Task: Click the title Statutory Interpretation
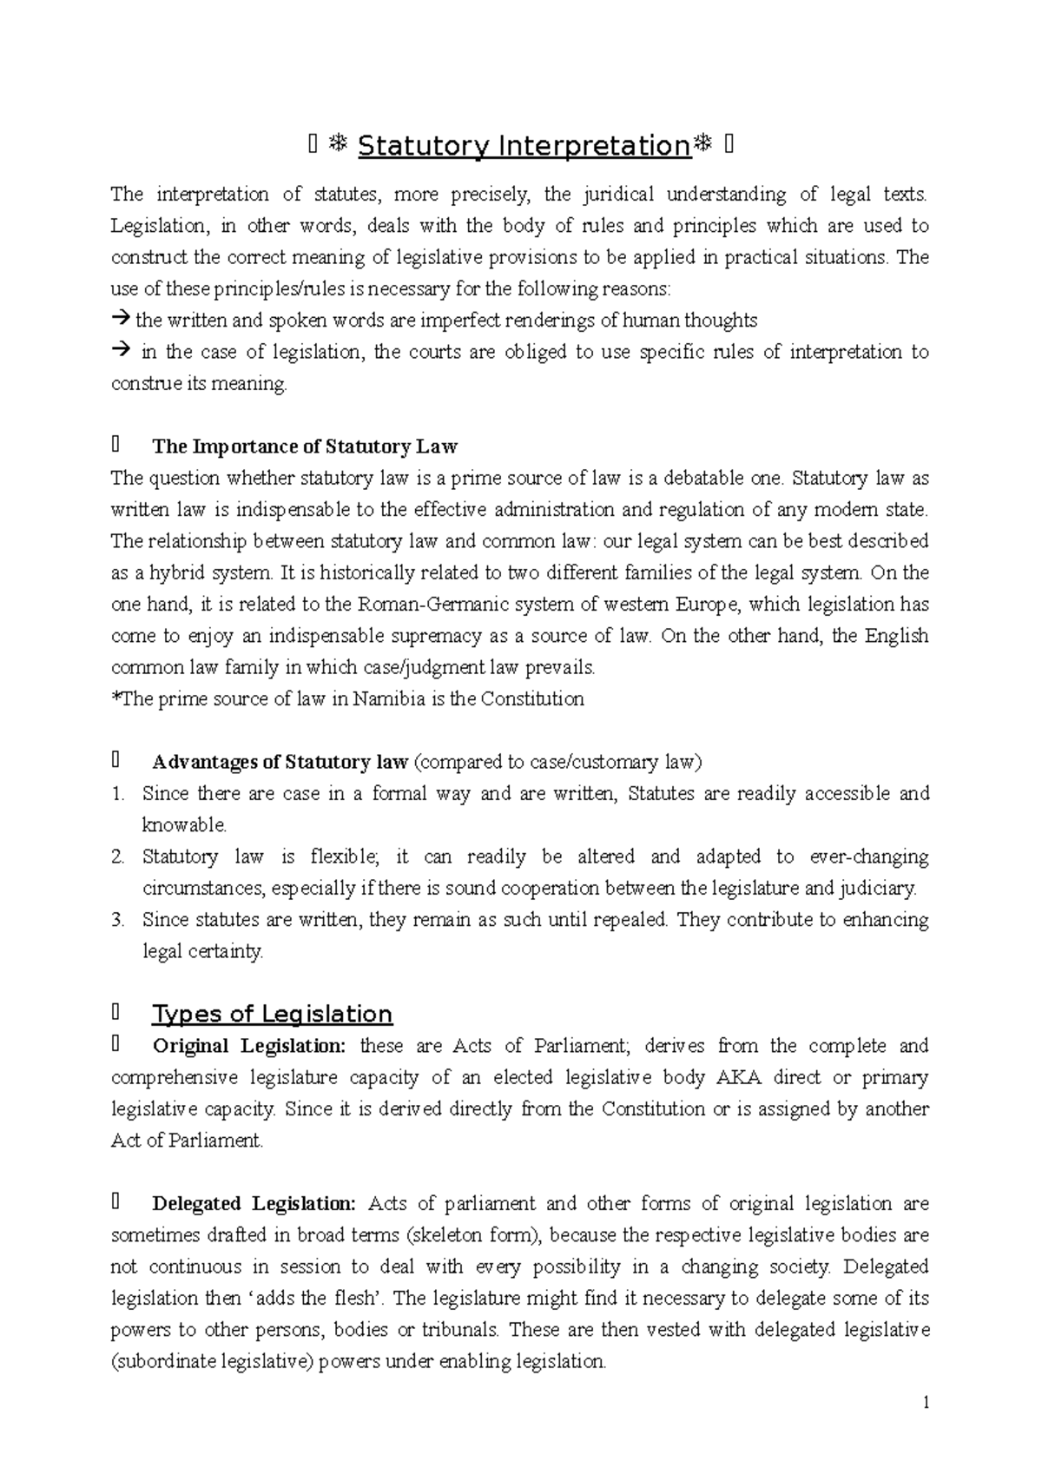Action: click(x=523, y=146)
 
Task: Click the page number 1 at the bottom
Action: click(x=927, y=1403)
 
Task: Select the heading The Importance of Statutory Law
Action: click(x=304, y=446)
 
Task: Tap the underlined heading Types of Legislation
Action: click(x=272, y=1014)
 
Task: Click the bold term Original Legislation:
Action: click(x=248, y=1046)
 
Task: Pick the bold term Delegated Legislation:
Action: click(x=254, y=1204)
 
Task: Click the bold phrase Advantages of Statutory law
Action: click(x=280, y=763)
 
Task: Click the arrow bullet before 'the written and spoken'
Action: click(x=120, y=320)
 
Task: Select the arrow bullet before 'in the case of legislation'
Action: click(x=120, y=351)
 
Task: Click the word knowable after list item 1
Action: click(x=183, y=825)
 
